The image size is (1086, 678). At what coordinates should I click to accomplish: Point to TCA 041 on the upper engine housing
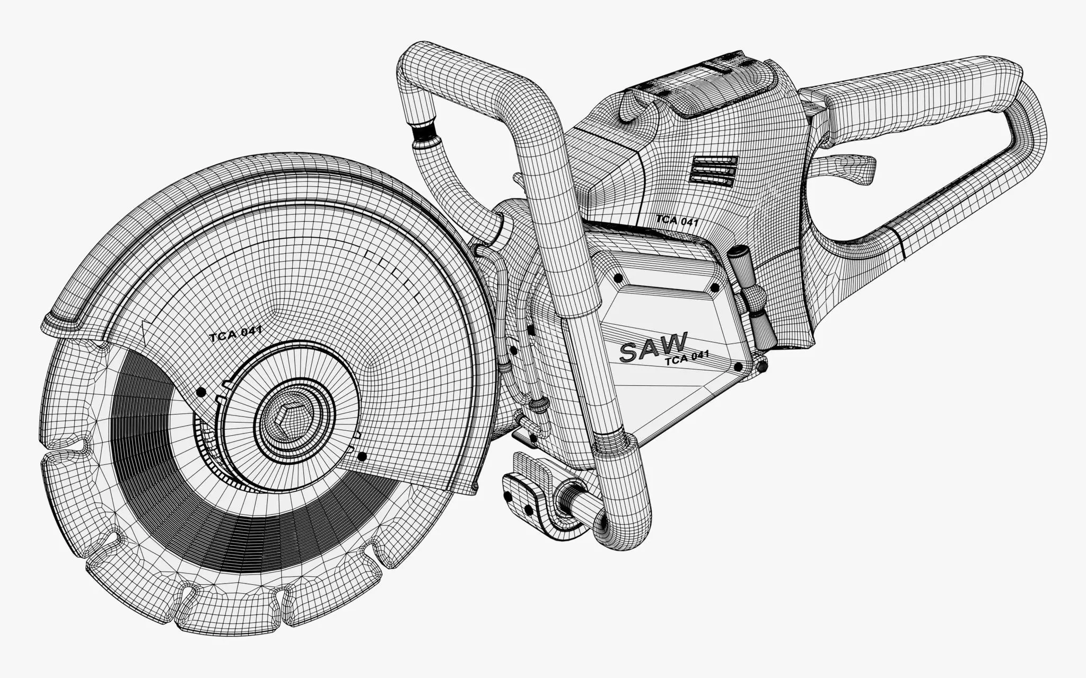(676, 219)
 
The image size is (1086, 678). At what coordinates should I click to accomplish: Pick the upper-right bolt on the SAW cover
(714, 288)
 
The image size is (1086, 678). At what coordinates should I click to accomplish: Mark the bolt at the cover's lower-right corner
(738, 367)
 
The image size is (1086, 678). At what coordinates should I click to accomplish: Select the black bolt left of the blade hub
(200, 392)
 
